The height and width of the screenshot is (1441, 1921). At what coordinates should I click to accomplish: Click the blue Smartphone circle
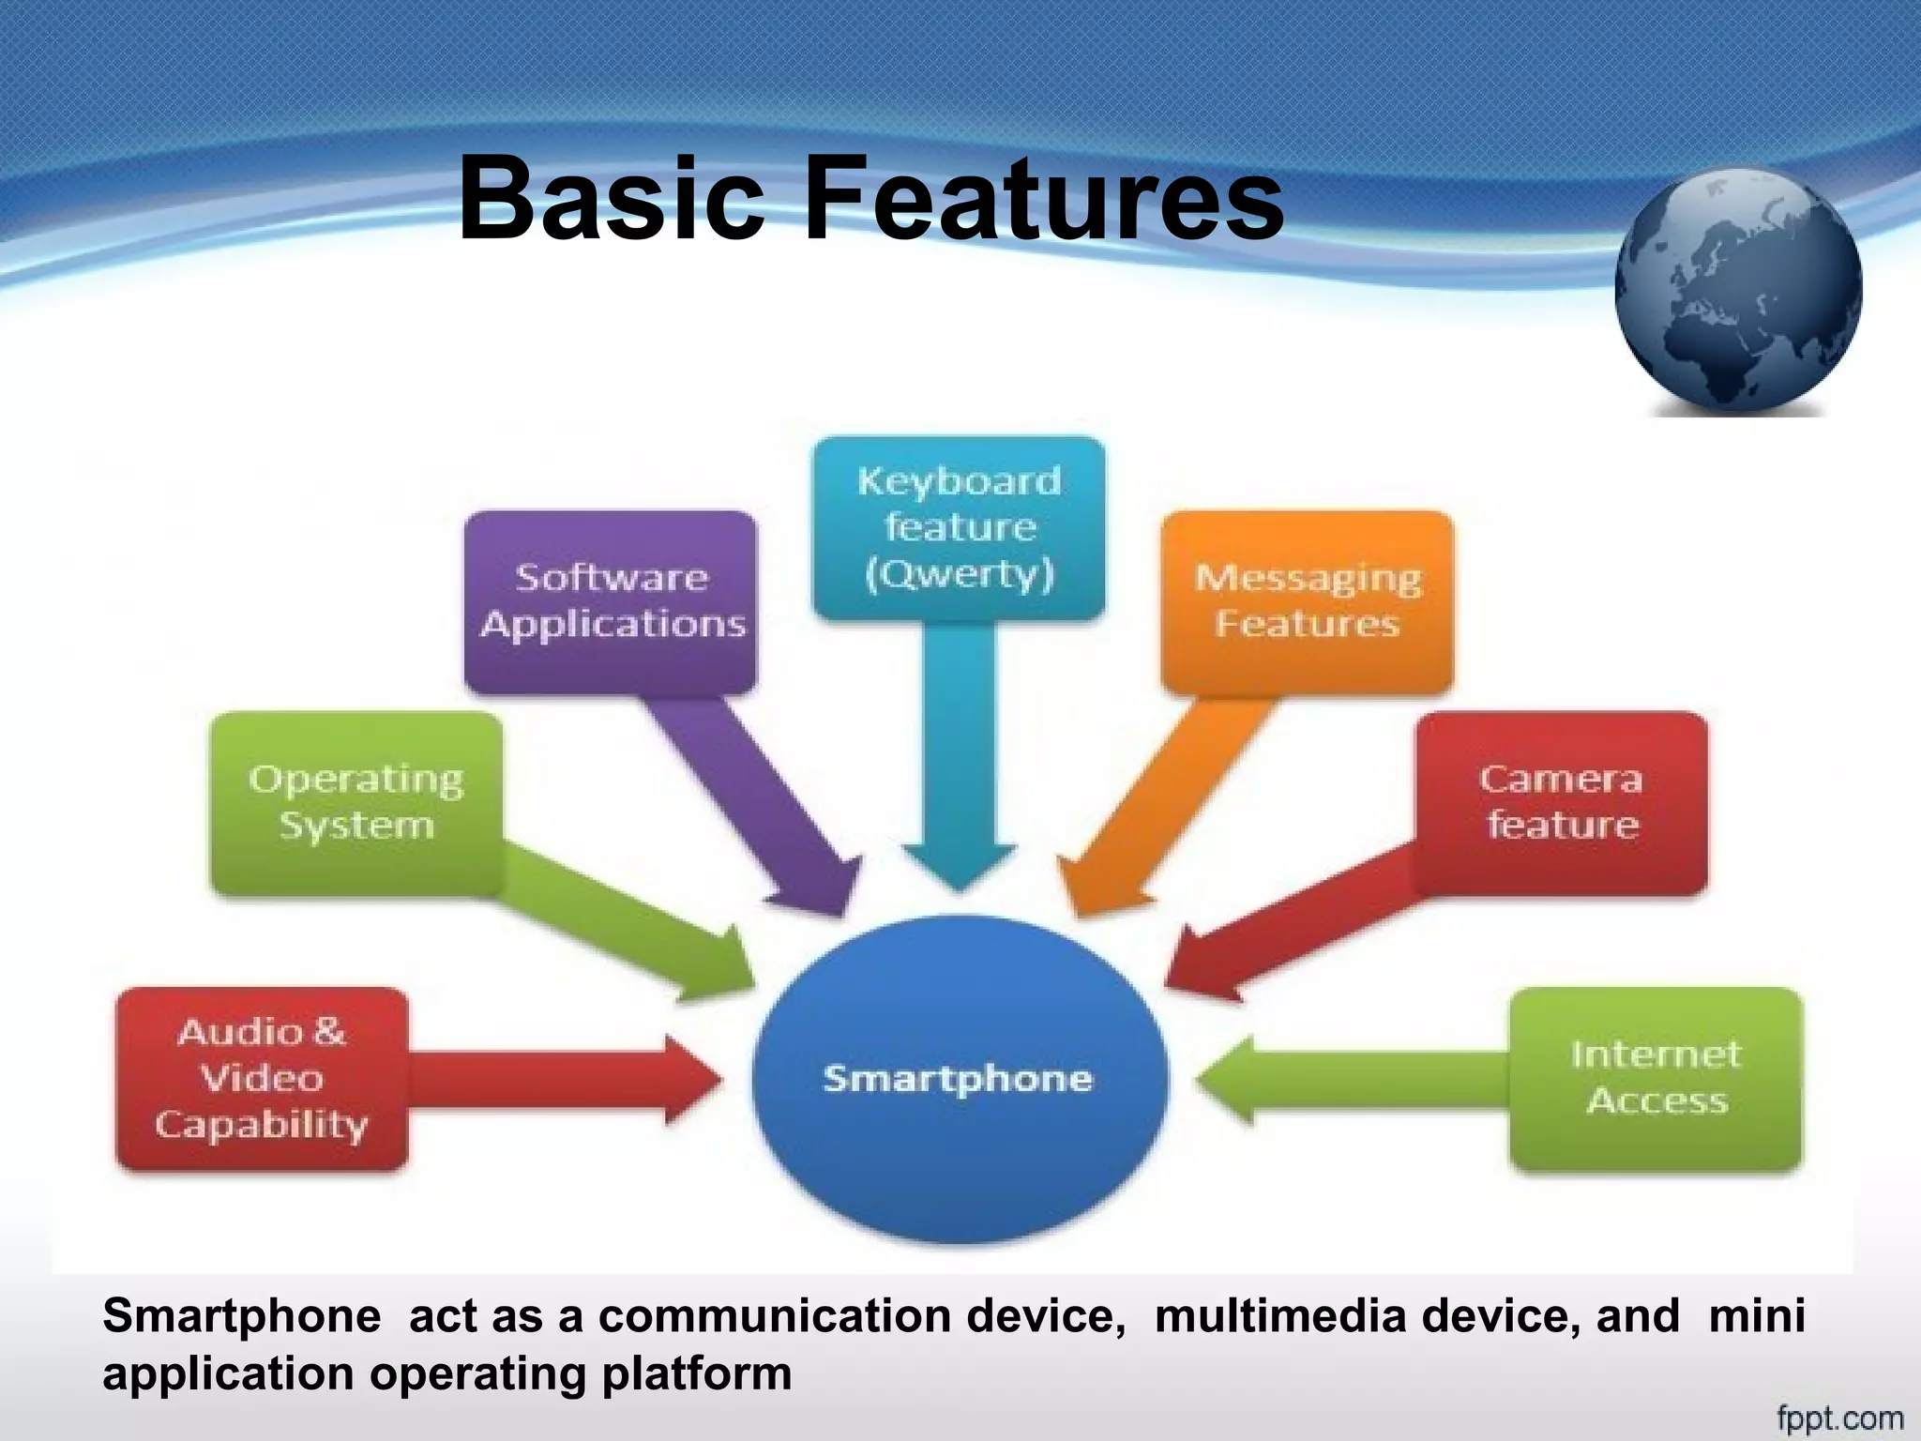point(959,1079)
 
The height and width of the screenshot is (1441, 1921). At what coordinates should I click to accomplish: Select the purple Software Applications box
point(611,601)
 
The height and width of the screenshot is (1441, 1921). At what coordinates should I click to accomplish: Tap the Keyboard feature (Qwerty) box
point(959,527)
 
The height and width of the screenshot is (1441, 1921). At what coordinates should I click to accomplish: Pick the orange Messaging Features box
point(1307,601)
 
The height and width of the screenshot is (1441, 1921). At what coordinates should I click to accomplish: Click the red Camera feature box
point(1562,802)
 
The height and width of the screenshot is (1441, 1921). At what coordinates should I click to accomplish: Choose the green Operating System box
point(356,802)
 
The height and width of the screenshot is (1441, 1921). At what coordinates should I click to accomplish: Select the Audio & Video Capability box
point(262,1079)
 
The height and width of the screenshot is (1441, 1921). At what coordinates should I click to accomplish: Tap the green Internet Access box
point(1656,1079)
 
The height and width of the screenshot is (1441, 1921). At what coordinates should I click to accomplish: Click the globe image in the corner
point(1738,291)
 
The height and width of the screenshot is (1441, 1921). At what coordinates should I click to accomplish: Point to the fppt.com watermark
point(1839,1418)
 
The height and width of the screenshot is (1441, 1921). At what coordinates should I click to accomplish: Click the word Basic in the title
point(611,199)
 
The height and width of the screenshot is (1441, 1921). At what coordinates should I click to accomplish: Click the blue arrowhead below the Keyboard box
point(959,863)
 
